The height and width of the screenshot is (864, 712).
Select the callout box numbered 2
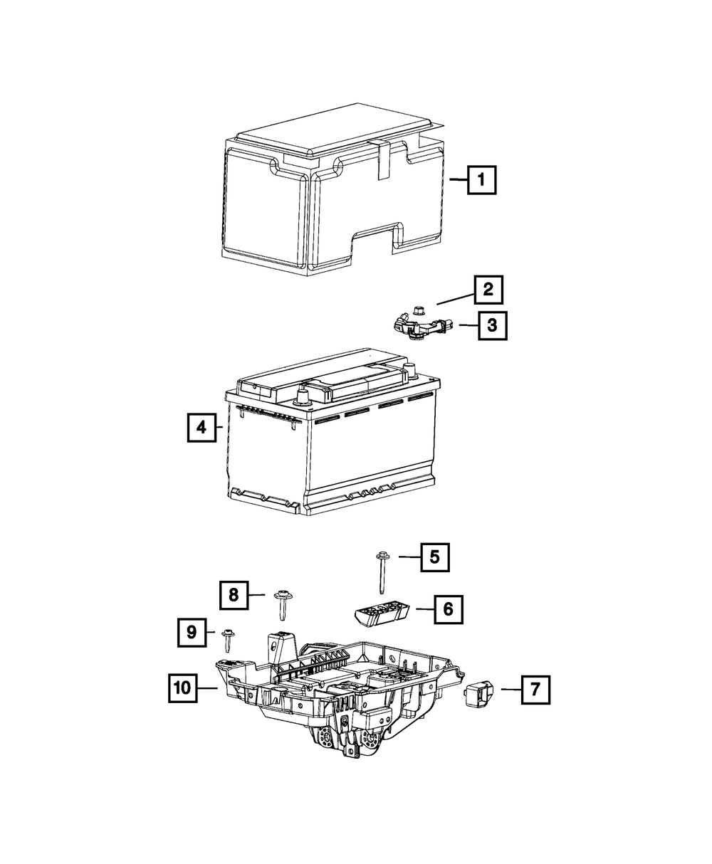coord(488,290)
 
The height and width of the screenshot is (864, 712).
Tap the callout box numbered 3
coord(493,326)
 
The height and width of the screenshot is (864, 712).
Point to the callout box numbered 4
coord(201,428)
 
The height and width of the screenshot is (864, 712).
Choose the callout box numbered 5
coord(434,557)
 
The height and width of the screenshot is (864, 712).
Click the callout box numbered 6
coord(447,609)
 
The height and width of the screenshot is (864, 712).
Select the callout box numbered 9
coord(192,631)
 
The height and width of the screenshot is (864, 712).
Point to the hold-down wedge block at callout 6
coord(382,614)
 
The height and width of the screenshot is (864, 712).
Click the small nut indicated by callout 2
coord(417,310)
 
